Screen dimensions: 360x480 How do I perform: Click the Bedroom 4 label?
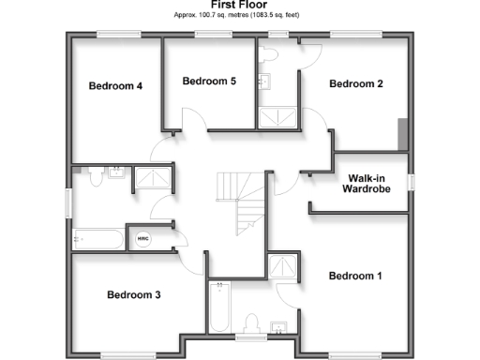[115, 86]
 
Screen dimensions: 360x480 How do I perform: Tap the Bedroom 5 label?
[208, 82]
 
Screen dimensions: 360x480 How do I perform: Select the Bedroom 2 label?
[355, 84]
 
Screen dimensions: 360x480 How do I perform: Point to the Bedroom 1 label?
[354, 276]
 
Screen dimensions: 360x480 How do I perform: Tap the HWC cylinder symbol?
[143, 238]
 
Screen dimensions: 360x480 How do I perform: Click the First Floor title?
[239, 5]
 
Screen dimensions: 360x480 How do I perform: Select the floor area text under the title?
[239, 16]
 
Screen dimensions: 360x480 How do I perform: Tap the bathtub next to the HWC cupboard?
[97, 238]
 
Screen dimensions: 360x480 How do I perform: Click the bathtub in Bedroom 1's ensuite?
[219, 306]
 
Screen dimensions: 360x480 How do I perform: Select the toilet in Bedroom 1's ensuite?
[250, 324]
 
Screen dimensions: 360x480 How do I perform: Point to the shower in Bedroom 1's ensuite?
[278, 267]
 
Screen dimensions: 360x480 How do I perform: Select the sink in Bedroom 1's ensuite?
[279, 327]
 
